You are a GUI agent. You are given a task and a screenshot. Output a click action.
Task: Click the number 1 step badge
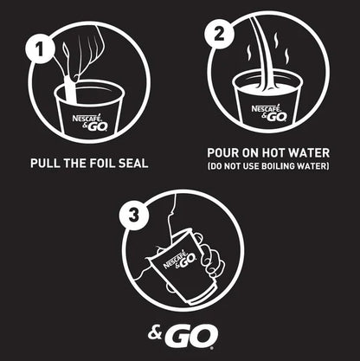[37, 48]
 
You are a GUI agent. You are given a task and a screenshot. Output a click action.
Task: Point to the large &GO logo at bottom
[179, 332]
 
